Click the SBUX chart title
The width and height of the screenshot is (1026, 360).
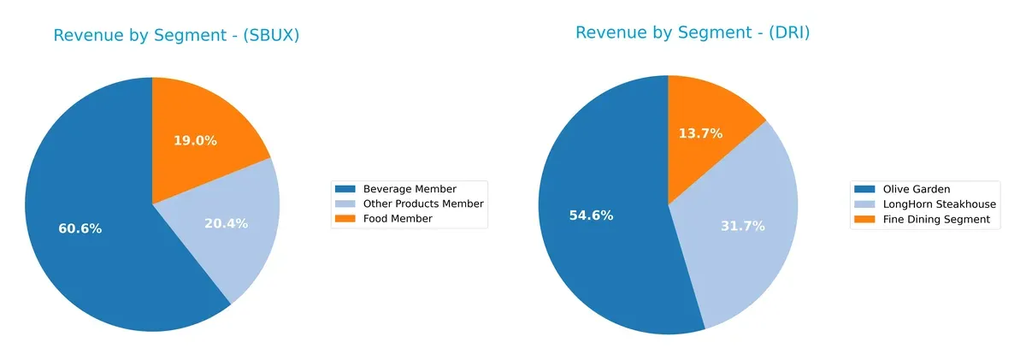pyautogui.click(x=176, y=36)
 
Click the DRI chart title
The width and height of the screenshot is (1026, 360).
pyautogui.click(x=693, y=33)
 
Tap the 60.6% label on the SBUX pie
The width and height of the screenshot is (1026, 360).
pyautogui.click(x=80, y=229)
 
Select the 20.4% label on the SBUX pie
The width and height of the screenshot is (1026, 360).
pyautogui.click(x=227, y=224)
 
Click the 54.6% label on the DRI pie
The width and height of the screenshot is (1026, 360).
pyautogui.click(x=591, y=215)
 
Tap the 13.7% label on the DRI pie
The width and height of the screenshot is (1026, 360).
pyautogui.click(x=700, y=133)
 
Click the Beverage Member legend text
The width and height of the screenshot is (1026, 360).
pyautogui.click(x=410, y=189)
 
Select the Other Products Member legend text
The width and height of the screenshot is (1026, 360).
pyautogui.click(x=423, y=204)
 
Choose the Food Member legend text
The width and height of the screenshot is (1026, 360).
pyautogui.click(x=398, y=219)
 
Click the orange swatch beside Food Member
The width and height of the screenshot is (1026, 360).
pyautogui.click(x=345, y=219)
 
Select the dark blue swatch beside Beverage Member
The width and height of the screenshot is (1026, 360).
pyautogui.click(x=345, y=189)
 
